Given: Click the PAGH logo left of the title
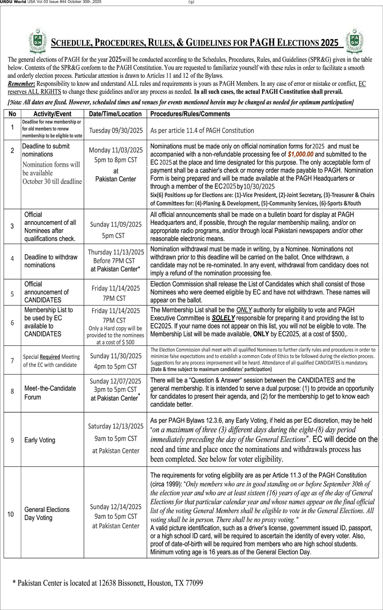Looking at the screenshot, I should point(38,41).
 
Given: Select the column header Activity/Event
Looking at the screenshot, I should point(52,114).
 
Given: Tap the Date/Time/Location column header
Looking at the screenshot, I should point(115,114).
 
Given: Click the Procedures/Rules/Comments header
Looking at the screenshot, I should point(190,114).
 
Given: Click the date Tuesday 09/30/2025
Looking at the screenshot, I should point(116,131).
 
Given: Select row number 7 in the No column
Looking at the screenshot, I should point(12,361).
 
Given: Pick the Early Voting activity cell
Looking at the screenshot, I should point(40,440).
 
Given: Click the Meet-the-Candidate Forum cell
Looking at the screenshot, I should point(50,393).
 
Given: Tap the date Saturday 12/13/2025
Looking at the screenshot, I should point(115,426).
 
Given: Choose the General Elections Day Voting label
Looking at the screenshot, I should point(47,514).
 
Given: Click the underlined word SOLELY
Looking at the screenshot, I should point(223,318).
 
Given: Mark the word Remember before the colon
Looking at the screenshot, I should point(21,84).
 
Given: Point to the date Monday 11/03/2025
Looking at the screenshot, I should point(115,150).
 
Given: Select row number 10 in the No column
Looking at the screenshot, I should point(11,514).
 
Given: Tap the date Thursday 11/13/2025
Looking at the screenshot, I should point(116,252).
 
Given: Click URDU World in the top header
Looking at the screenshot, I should point(13,2).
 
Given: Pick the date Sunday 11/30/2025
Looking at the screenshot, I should point(115,356).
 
